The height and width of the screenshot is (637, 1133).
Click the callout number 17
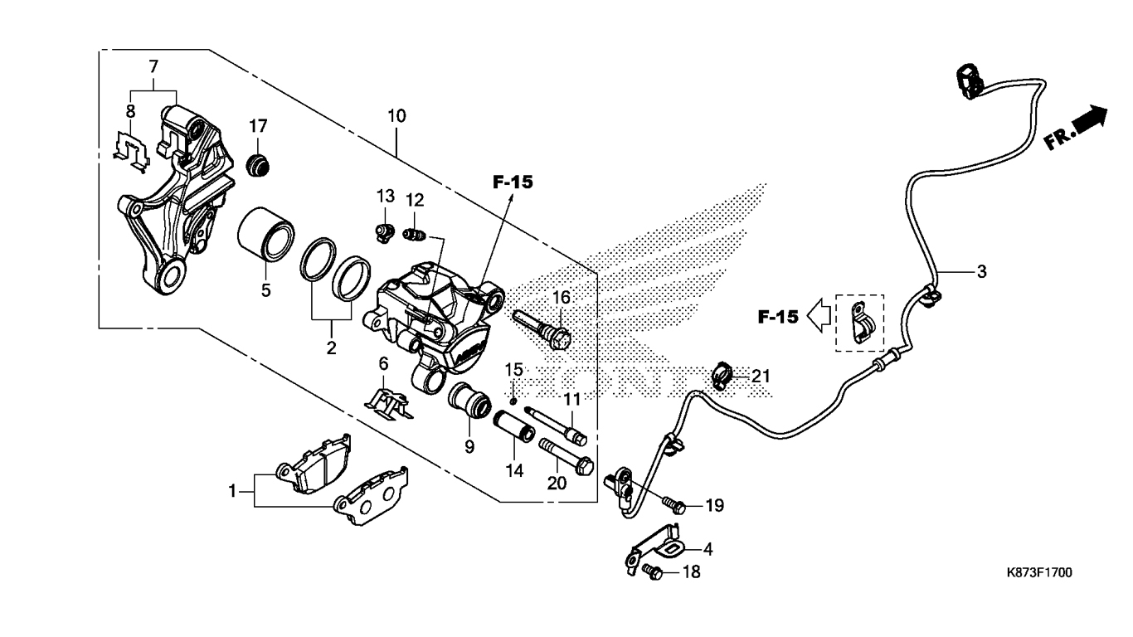[258, 126]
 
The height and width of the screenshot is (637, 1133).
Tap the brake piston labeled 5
[266, 235]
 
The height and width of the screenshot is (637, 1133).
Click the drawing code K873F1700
[1039, 573]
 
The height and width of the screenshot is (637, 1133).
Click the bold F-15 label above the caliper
[513, 182]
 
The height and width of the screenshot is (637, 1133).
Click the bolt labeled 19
[674, 504]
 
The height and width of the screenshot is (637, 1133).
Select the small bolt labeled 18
[653, 571]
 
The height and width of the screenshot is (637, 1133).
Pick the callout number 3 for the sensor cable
[981, 272]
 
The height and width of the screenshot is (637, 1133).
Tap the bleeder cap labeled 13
[386, 233]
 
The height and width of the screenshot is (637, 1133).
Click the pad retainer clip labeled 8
[131, 151]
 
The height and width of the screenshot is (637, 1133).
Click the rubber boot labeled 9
[469, 401]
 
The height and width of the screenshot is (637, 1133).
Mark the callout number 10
[396, 116]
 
